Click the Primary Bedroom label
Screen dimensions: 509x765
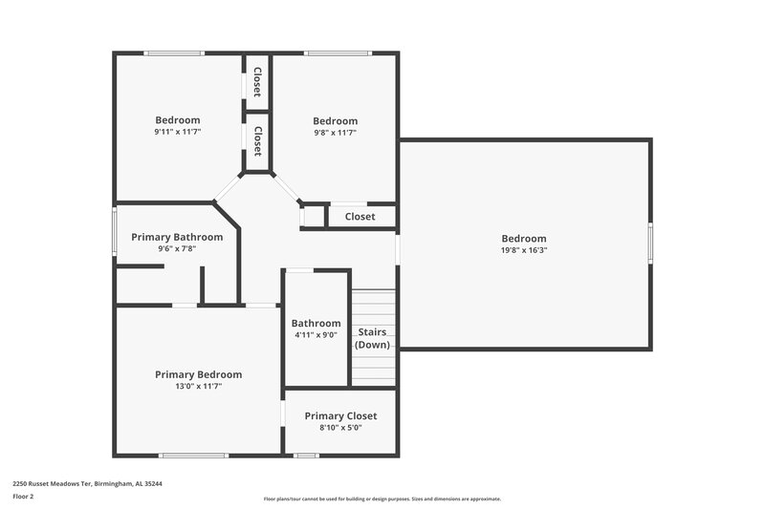pyautogui.click(x=198, y=374)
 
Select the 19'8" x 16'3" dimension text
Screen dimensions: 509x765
pyautogui.click(x=524, y=250)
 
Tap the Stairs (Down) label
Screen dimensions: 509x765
pyautogui.click(x=372, y=338)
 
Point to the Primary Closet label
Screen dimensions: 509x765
pyautogui.click(x=340, y=415)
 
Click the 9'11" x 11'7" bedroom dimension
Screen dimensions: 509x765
pyautogui.click(x=178, y=132)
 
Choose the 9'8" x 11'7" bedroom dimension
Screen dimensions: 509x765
pyautogui.click(x=335, y=133)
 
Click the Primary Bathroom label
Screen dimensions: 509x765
pyautogui.click(x=177, y=237)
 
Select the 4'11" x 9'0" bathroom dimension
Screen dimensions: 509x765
pyautogui.click(x=316, y=335)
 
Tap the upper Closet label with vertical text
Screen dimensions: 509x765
pyautogui.click(x=257, y=82)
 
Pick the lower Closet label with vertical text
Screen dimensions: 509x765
pyautogui.click(x=257, y=140)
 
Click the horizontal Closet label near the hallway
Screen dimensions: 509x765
pyautogui.click(x=360, y=217)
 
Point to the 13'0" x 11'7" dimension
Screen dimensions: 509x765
pyautogui.click(x=198, y=387)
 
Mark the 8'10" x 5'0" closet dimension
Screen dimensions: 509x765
pyautogui.click(x=340, y=428)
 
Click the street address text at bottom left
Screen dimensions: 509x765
pyautogui.click(x=87, y=484)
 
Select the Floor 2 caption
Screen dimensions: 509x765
pyautogui.click(x=23, y=497)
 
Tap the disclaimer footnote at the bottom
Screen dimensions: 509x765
pyautogui.click(x=382, y=498)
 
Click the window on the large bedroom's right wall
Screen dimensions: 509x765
pyautogui.click(x=650, y=243)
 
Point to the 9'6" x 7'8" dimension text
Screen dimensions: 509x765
pyautogui.click(x=177, y=248)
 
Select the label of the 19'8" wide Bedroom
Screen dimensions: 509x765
pyautogui.click(x=524, y=238)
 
